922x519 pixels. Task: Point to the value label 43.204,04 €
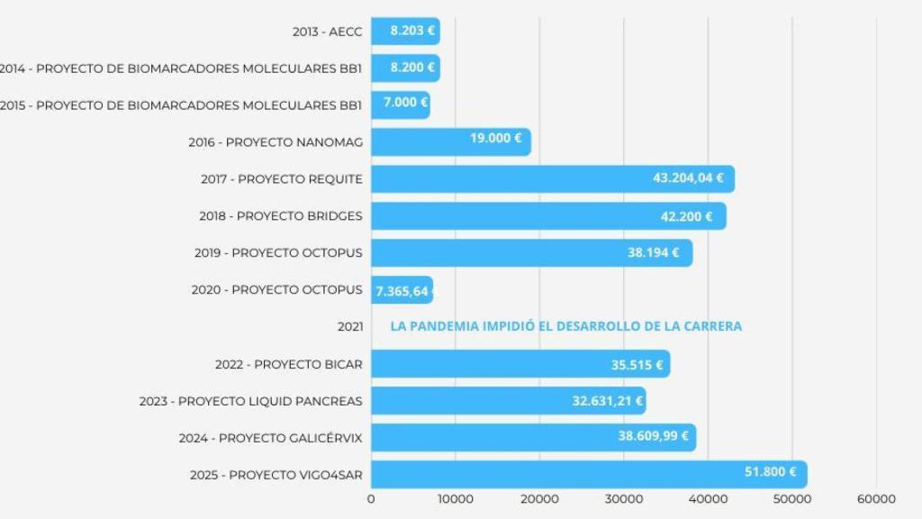[x=689, y=178]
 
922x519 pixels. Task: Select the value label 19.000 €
[x=496, y=138]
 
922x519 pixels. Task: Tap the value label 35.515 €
[x=637, y=365]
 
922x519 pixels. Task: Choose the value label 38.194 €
[x=654, y=252]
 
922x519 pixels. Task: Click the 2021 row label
[x=349, y=326]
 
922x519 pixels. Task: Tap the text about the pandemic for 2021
[x=566, y=326]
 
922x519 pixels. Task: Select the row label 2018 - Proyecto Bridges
[x=281, y=216]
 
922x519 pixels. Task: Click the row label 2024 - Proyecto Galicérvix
[x=271, y=438]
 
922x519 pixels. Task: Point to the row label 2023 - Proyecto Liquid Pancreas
[x=251, y=401]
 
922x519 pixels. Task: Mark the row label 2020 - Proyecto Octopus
[x=277, y=290]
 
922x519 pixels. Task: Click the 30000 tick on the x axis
[x=624, y=499]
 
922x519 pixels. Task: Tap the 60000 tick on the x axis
[x=876, y=499]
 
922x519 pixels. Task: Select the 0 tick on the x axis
[x=372, y=499]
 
